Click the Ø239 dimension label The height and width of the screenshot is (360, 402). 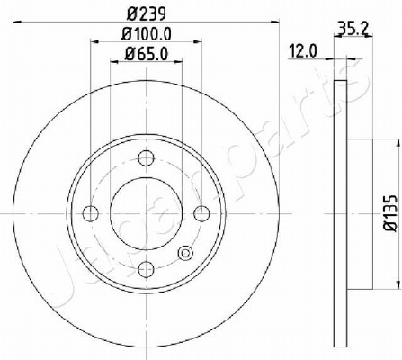coord(146,13)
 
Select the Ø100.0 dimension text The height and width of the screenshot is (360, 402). coord(146,34)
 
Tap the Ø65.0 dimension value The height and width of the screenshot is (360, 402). coord(147,54)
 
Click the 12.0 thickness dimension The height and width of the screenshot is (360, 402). coord(303,51)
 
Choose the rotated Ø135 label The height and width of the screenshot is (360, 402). coord(390,212)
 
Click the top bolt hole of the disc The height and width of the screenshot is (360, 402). coord(146,157)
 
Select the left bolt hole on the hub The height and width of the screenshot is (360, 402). coord(90,214)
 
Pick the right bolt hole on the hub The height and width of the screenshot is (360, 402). coord(201,214)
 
